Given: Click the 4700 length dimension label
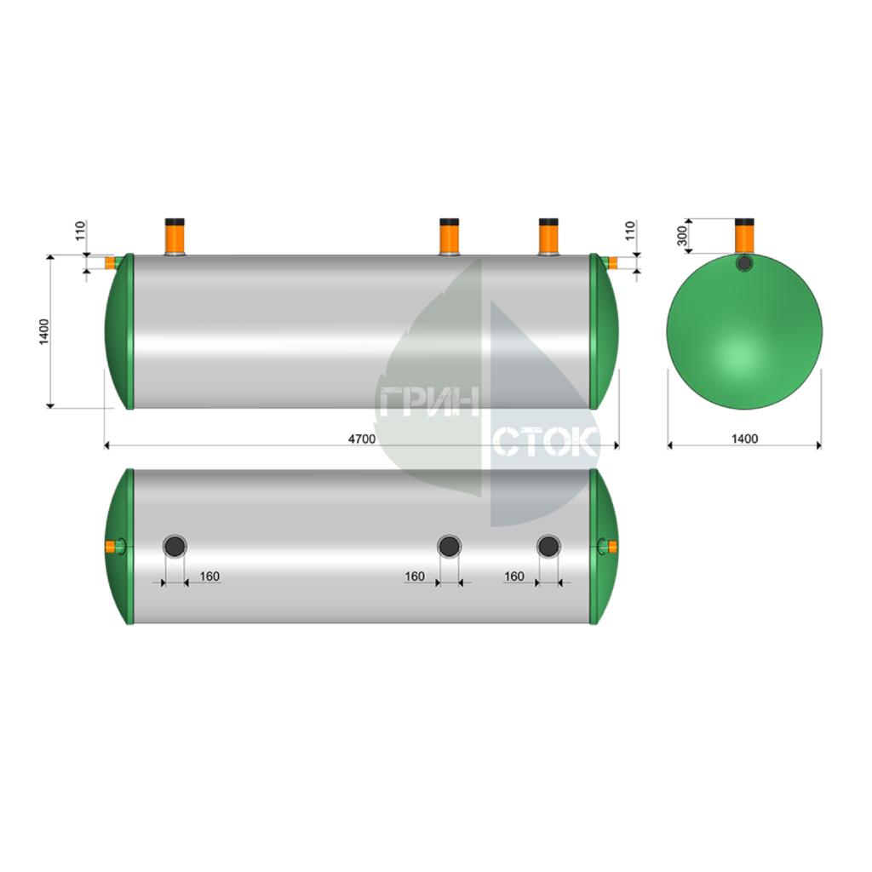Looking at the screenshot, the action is point(361,439).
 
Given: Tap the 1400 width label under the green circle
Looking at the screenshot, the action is point(744,439).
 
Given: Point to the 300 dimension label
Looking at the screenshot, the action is point(682,236).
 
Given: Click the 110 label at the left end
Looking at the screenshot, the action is point(81,231).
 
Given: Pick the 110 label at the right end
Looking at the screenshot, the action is point(630,231).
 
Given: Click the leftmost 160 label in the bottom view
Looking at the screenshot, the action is point(209,577).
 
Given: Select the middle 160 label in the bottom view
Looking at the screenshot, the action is point(415,577).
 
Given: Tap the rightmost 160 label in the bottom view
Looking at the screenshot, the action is point(513,577).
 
